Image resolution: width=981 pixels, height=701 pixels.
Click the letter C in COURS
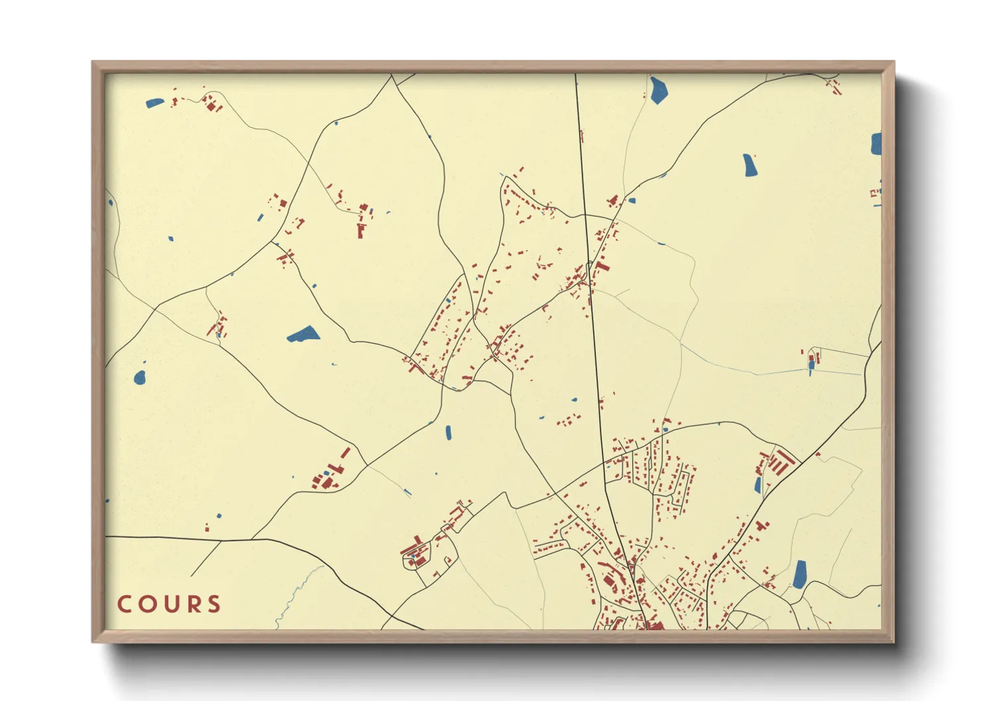click(x=124, y=604)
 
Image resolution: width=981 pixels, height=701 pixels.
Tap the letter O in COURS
click(x=146, y=604)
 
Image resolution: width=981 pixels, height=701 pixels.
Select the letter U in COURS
click(x=169, y=604)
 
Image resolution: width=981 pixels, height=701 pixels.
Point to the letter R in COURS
click(x=192, y=604)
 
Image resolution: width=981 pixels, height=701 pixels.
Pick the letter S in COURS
click(x=213, y=604)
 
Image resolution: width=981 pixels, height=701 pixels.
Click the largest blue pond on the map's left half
click(x=304, y=335)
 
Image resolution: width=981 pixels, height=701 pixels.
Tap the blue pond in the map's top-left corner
click(x=154, y=103)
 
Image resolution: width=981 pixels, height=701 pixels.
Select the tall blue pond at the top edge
click(x=658, y=90)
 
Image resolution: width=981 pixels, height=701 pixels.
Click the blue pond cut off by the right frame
click(x=876, y=144)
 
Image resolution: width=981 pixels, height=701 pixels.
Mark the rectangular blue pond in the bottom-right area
click(x=800, y=574)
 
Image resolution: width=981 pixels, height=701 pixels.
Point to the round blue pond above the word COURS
click(x=139, y=378)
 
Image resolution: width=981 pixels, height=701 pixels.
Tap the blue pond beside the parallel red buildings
click(x=758, y=486)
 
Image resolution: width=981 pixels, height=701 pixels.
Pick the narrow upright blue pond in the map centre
click(x=448, y=433)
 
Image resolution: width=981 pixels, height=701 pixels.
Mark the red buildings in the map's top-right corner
click(x=833, y=85)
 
